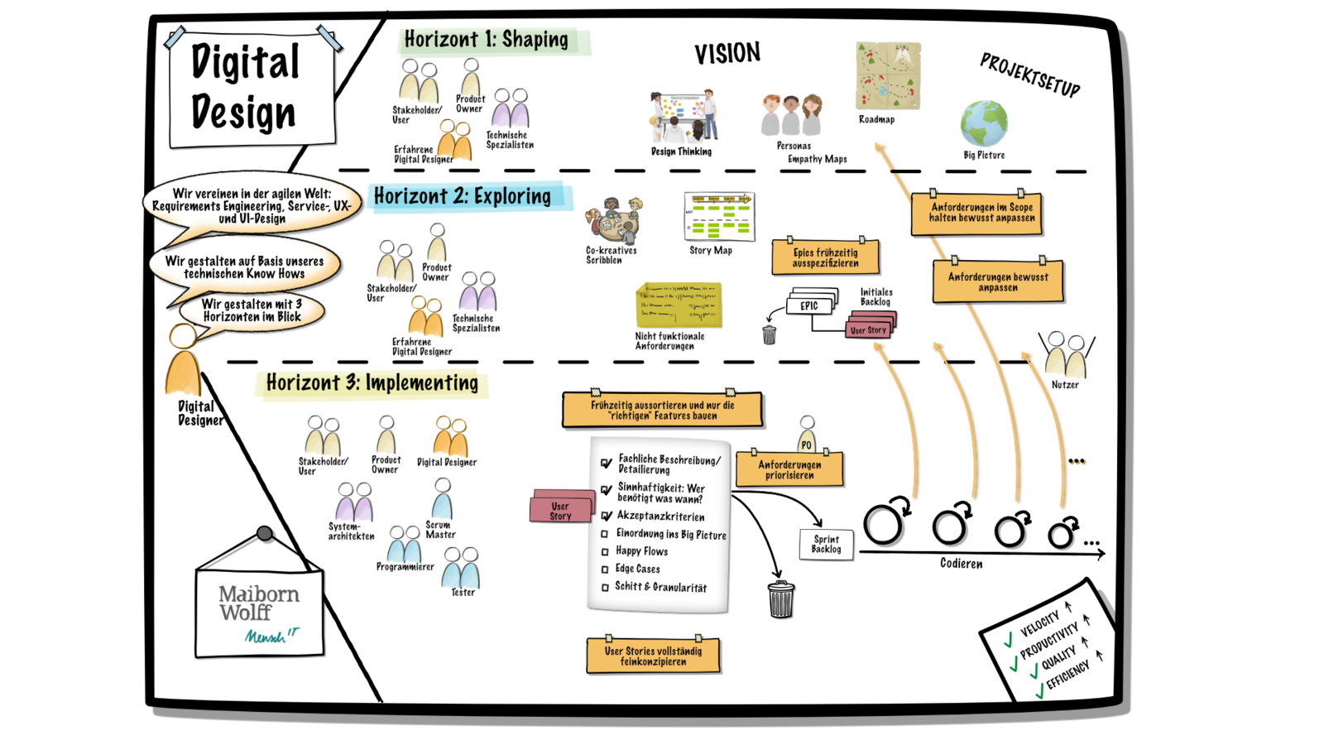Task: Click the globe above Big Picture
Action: (x=984, y=124)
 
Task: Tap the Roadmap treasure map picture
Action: (x=887, y=76)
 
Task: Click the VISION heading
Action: (x=727, y=54)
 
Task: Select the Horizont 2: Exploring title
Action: (x=463, y=196)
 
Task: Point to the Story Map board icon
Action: (x=720, y=216)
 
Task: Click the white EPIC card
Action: (x=808, y=306)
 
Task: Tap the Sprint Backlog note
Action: (x=826, y=544)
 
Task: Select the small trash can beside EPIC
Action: (x=770, y=334)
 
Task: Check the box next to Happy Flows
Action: (x=605, y=551)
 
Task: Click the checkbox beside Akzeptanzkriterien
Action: (x=607, y=516)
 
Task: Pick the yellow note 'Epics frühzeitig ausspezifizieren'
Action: (x=825, y=257)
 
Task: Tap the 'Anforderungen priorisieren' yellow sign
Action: (x=789, y=469)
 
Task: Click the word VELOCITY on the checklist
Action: (x=1039, y=623)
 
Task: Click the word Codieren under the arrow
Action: (x=961, y=564)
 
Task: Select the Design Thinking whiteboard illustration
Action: (x=683, y=117)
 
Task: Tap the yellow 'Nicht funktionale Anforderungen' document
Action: (x=679, y=305)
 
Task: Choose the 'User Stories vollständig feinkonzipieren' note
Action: (x=653, y=656)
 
